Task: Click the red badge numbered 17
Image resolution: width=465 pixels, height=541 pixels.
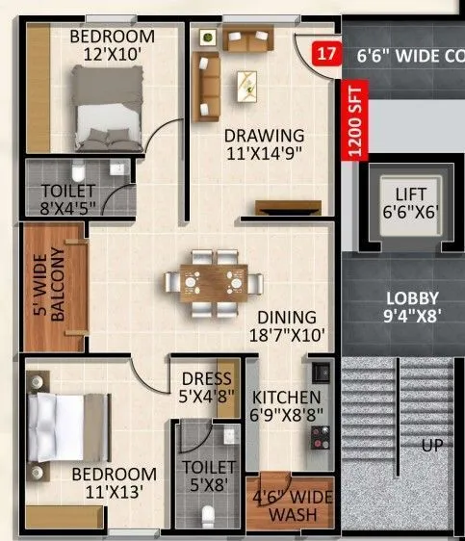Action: point(327,54)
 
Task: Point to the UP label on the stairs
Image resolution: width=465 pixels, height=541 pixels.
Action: point(431,446)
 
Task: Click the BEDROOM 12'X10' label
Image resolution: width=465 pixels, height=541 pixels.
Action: point(112,44)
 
